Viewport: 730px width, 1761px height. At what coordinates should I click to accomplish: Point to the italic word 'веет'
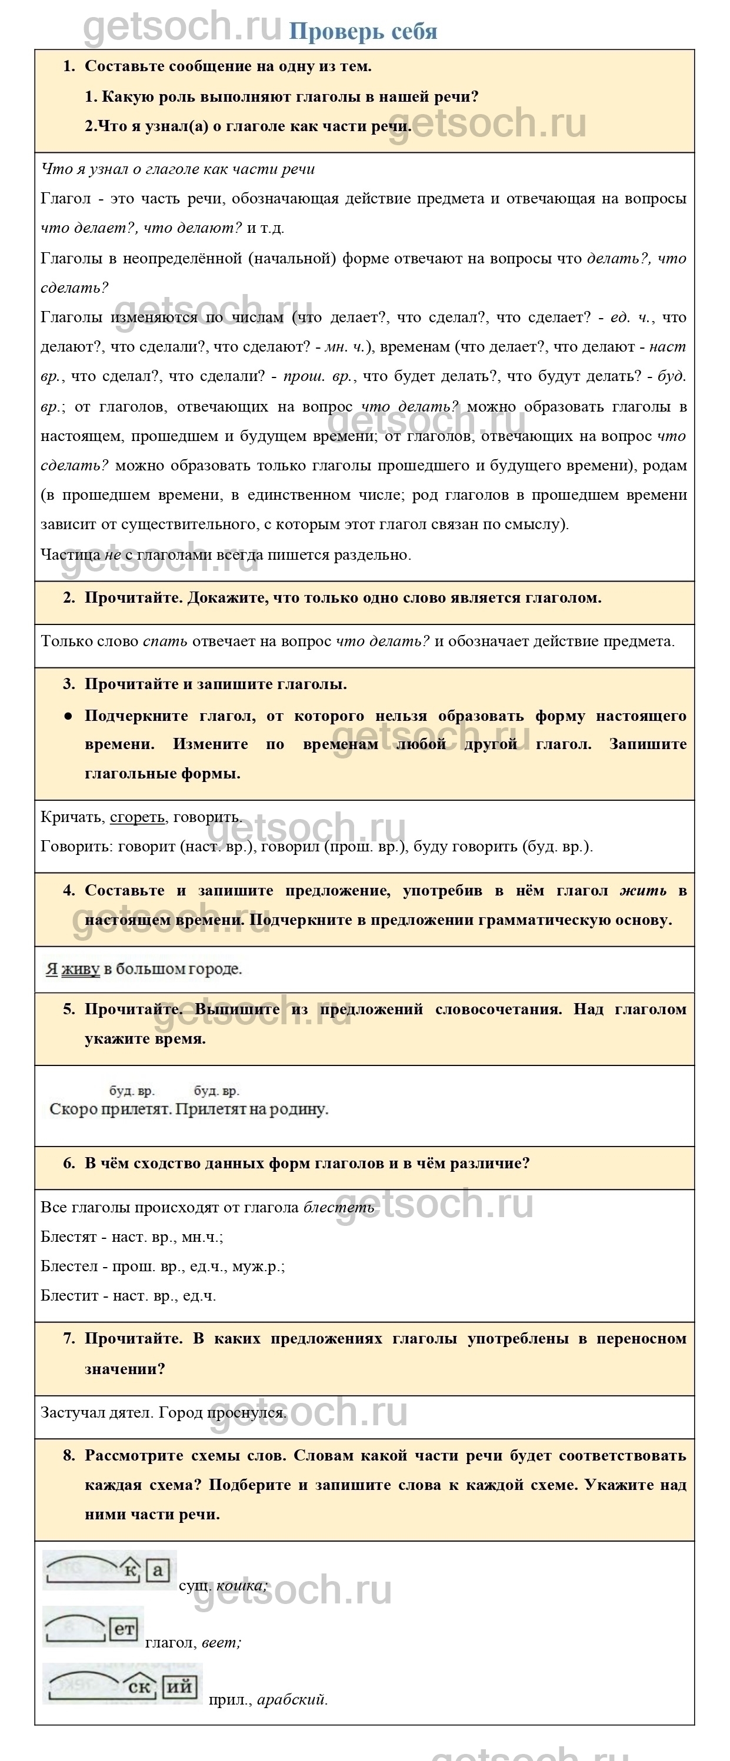pos(221,1642)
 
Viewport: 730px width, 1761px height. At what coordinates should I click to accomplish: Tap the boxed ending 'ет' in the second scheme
pos(124,1630)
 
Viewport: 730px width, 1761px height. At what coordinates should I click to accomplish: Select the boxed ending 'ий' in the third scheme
pos(180,1687)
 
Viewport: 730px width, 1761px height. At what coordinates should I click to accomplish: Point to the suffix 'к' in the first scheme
pos(131,1571)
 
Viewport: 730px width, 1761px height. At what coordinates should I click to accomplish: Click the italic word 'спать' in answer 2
pos(165,641)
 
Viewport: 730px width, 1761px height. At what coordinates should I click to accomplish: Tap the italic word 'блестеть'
pos(339,1207)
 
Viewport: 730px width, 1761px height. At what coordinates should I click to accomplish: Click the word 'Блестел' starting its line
pos(69,1266)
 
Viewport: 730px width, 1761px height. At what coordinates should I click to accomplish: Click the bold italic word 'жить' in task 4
pos(643,890)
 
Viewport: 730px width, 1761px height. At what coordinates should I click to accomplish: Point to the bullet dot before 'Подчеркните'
pos(68,716)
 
